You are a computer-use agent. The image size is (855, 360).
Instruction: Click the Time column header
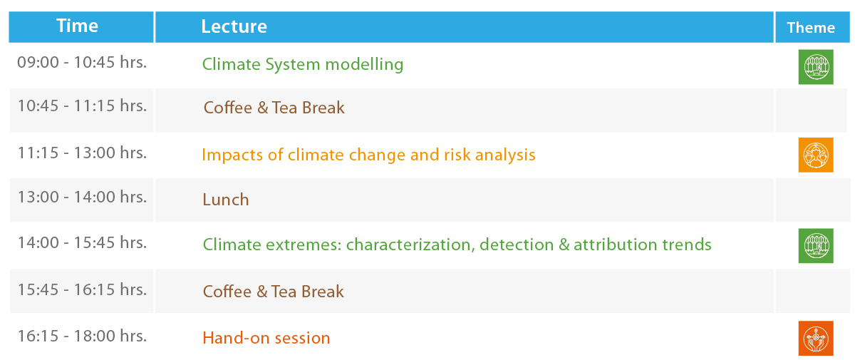tap(78, 26)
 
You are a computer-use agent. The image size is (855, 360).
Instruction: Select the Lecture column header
tap(234, 26)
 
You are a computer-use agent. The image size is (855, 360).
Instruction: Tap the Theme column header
tap(811, 28)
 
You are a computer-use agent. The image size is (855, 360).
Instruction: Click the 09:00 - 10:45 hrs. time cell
tap(82, 62)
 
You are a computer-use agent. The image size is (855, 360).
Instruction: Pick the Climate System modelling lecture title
tap(303, 64)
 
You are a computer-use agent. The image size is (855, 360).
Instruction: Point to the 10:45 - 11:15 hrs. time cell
tap(82, 106)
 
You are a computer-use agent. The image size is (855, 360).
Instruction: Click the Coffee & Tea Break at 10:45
tap(274, 108)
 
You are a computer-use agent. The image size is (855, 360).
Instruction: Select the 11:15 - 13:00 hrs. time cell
tap(82, 153)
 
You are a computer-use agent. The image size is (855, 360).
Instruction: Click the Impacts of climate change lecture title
tap(368, 155)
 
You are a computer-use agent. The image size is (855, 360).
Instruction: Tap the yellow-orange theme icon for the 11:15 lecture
tap(816, 155)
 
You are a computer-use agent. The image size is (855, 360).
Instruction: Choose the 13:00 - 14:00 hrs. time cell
tap(82, 197)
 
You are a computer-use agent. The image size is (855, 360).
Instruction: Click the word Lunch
tap(226, 200)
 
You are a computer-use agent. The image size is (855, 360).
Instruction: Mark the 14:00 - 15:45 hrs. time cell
tap(82, 242)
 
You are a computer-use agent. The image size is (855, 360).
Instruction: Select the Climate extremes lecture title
tap(457, 245)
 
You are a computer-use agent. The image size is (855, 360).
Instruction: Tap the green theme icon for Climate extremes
tap(816, 246)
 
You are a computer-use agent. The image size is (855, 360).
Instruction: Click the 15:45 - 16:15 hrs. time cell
tap(82, 289)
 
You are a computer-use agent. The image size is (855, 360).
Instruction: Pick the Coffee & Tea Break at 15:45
tap(274, 292)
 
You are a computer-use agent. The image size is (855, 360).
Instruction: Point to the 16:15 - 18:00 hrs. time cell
tap(82, 336)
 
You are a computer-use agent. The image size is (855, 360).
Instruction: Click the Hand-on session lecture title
tap(266, 338)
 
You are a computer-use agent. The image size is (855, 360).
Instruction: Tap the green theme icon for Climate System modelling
tap(816, 67)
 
